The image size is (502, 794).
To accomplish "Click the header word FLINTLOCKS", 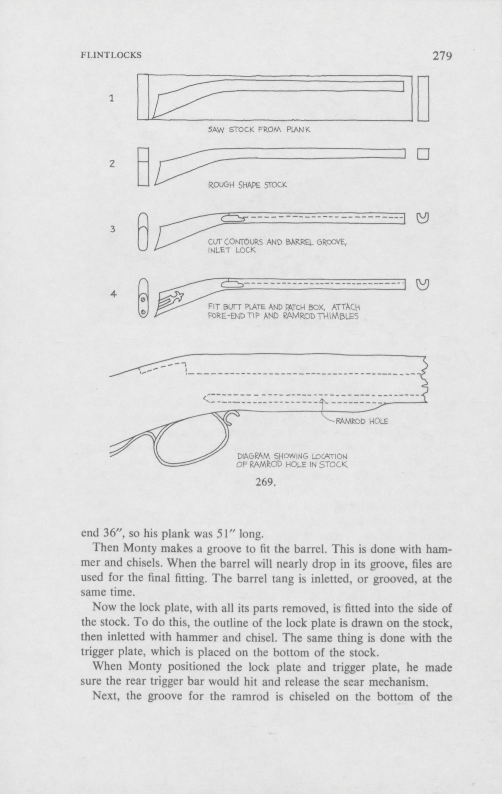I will pyautogui.click(x=111, y=55).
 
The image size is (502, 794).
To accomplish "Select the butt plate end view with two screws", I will pyautogui.click(x=143, y=298).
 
